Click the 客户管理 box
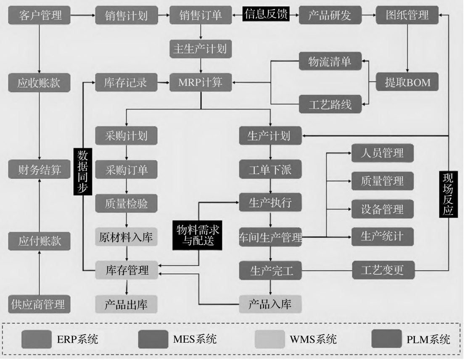click(39, 16)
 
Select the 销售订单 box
click(201, 16)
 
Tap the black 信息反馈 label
click(266, 15)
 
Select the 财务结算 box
click(39, 170)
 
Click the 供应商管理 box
click(39, 304)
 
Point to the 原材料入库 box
click(126, 238)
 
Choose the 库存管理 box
click(126, 270)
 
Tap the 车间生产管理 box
click(270, 238)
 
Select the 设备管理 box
click(382, 209)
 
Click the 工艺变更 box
click(382, 270)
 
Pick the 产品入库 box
click(270, 304)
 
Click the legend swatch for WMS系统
click(269, 339)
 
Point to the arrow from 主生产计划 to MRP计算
click(201, 66)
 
